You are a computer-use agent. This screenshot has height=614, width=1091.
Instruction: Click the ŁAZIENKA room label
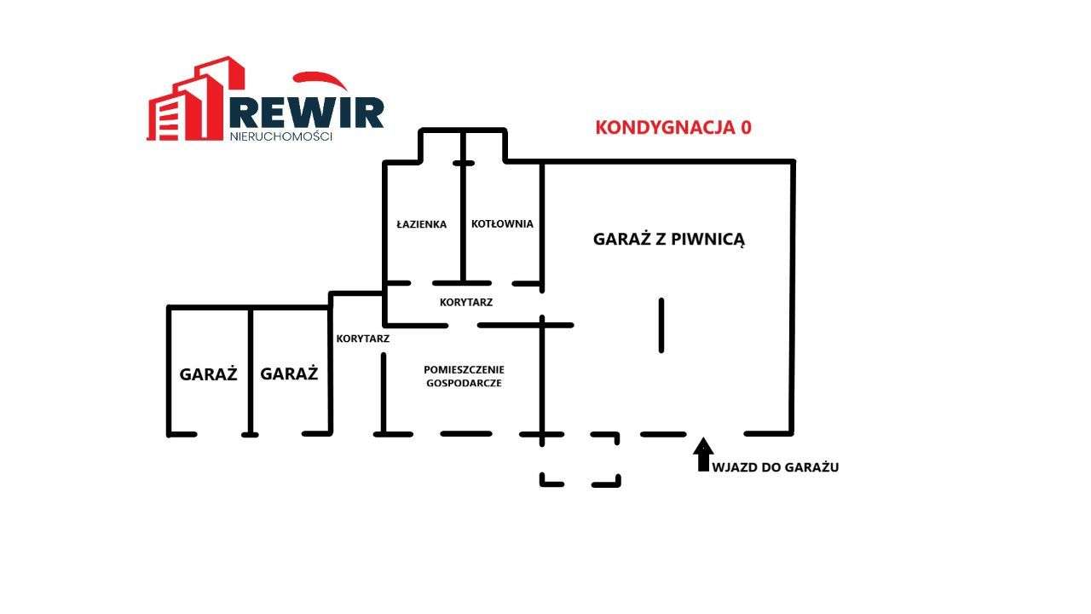(x=421, y=224)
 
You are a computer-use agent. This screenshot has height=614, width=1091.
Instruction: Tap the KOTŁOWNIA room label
(x=502, y=223)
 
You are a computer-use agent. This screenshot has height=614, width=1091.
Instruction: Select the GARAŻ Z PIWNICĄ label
(x=669, y=240)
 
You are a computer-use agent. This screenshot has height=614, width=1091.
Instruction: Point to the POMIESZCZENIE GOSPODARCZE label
(x=464, y=376)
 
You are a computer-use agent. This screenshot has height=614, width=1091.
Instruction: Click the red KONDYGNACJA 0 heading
(x=673, y=127)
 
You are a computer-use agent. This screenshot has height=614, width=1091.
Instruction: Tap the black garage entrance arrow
(x=703, y=455)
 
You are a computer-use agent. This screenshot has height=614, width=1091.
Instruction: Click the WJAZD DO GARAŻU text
(x=776, y=467)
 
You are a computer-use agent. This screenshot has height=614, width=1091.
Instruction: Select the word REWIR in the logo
(x=306, y=113)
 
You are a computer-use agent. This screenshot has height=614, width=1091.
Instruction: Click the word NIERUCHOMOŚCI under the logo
(x=280, y=136)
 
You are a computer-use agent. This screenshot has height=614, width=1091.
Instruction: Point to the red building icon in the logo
(x=195, y=100)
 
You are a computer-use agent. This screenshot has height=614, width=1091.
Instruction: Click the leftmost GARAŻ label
(x=208, y=374)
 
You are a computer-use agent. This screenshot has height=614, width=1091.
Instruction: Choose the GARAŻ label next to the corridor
(x=289, y=374)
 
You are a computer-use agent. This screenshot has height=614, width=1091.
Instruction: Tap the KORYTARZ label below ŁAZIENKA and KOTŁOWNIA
(x=466, y=302)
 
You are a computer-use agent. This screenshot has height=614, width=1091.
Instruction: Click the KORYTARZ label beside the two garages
(x=363, y=339)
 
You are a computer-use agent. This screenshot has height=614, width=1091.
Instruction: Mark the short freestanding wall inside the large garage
(x=661, y=325)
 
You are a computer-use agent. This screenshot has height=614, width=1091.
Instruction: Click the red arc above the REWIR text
(x=319, y=79)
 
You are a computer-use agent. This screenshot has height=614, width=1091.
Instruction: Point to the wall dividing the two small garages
(x=251, y=372)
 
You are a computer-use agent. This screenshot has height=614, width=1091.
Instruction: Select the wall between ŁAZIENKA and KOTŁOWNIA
(x=463, y=207)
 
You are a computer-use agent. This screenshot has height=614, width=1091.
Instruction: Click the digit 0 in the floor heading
(x=746, y=127)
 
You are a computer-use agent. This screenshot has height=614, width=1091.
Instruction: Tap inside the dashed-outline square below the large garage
(x=580, y=460)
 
